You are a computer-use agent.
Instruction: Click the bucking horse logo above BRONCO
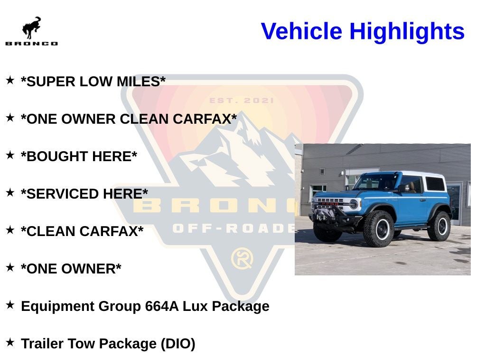click(31, 28)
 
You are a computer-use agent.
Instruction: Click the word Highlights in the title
click(407, 31)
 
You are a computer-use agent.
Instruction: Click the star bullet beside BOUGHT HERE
click(10, 155)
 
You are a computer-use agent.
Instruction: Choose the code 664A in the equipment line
click(162, 306)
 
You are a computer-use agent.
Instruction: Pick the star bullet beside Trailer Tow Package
click(10, 342)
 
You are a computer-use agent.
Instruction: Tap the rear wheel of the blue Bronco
click(439, 226)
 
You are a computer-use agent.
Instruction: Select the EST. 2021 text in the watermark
click(242, 100)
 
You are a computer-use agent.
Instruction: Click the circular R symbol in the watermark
click(242, 259)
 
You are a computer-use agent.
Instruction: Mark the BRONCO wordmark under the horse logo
click(31, 44)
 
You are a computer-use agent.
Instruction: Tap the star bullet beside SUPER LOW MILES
click(10, 81)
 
